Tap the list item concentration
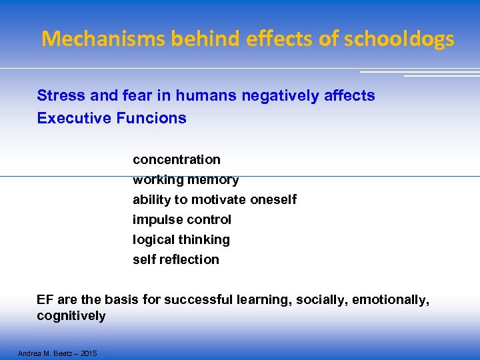pos(176,160)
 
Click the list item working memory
pos(185,180)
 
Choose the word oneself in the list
pos(273,200)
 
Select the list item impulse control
pos(181,220)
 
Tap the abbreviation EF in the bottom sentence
pos(45,301)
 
